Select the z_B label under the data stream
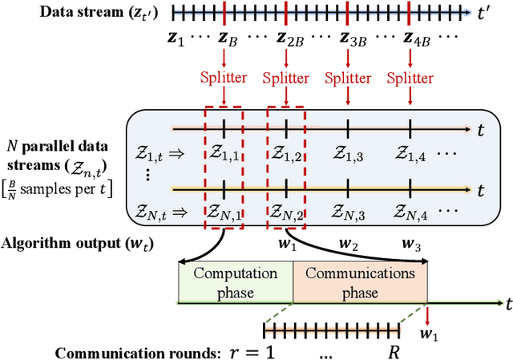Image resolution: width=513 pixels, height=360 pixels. click(224, 39)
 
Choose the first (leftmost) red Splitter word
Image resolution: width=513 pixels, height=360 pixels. click(224, 79)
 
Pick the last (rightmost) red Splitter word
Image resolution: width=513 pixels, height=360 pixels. click(410, 79)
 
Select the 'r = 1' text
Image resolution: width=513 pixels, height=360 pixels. click(278, 351)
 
